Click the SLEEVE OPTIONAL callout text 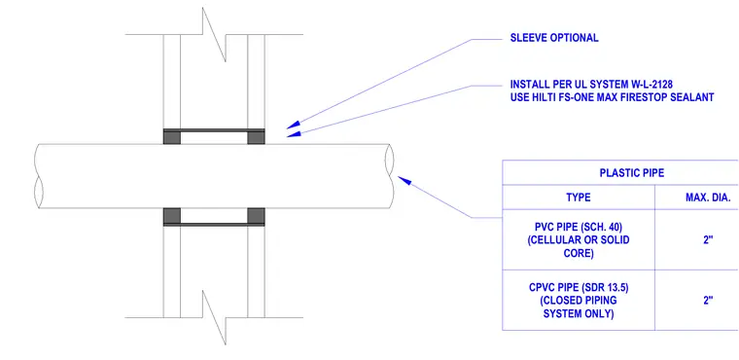[554, 38]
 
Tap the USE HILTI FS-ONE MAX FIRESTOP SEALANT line [612, 97]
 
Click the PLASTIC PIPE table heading [631, 173]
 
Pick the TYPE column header [579, 198]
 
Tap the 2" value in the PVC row [708, 239]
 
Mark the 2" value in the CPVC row [708, 300]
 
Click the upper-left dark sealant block [171, 137]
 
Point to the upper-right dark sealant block [256, 137]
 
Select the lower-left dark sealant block [171, 215]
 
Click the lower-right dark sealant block [256, 215]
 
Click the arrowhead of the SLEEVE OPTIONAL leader [293, 126]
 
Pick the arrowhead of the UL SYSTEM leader [294, 134]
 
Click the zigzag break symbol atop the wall [214, 34]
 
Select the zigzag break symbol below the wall [214, 317]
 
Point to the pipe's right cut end [390, 175]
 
